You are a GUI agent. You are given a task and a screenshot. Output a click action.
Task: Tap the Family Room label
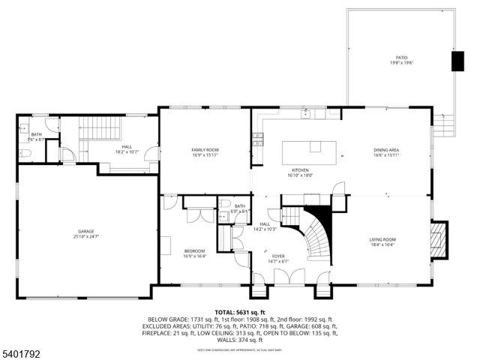coord(204,150)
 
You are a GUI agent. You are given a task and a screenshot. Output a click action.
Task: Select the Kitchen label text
coord(300,170)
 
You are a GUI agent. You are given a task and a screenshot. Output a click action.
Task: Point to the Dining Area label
coord(386,150)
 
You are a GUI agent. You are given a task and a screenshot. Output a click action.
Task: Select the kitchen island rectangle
coord(310,152)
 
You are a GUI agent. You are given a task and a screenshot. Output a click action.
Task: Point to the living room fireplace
coord(438,239)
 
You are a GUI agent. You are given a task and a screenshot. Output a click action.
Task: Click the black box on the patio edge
coord(457,61)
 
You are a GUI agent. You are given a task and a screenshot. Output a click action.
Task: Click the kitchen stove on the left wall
coord(257,138)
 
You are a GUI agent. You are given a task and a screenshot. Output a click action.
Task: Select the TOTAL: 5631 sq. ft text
coord(240,312)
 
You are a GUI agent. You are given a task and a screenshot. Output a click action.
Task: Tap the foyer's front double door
coord(284,276)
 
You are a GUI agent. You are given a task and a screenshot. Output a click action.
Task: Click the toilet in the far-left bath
coord(23,153)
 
